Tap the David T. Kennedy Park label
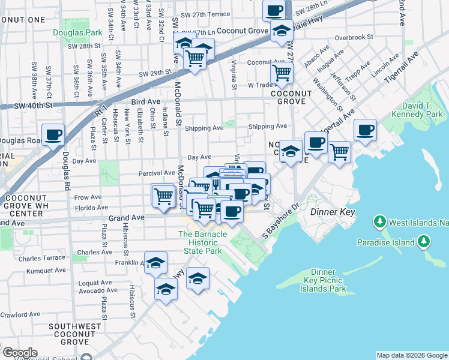pos(417,109)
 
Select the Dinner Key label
pos(333,212)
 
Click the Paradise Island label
pos(385,242)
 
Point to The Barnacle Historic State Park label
pos(202,242)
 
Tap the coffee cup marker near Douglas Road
pos(53,133)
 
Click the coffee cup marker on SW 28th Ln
pos(274,10)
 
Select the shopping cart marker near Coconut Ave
pos(282,73)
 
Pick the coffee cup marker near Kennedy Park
pos(365,130)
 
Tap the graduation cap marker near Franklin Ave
pos(155,262)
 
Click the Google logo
pos(19,353)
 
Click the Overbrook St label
pos(354,37)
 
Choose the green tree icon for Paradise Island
pos(424,241)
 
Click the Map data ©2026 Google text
pos(412,355)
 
